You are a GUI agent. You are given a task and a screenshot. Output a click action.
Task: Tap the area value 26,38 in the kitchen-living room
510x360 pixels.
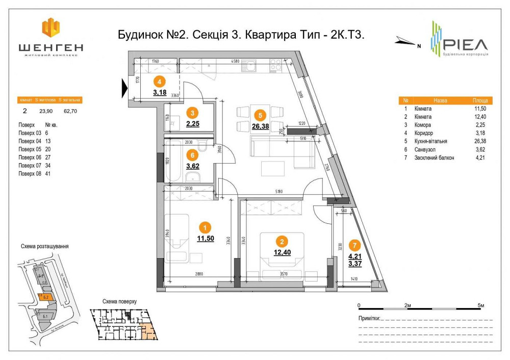[x=260, y=126]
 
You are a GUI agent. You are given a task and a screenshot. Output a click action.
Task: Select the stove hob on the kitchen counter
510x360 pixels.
[x=276, y=65]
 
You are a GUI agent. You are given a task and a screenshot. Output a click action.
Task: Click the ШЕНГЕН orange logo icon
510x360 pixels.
[x=50, y=28]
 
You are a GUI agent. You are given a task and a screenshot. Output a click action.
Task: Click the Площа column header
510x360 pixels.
[x=479, y=101]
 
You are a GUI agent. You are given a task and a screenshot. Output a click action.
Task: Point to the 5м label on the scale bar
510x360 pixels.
[x=480, y=305]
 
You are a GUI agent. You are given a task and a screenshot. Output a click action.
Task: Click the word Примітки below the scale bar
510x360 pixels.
[x=369, y=318]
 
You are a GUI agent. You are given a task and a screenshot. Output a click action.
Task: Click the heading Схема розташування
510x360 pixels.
[x=44, y=246]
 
